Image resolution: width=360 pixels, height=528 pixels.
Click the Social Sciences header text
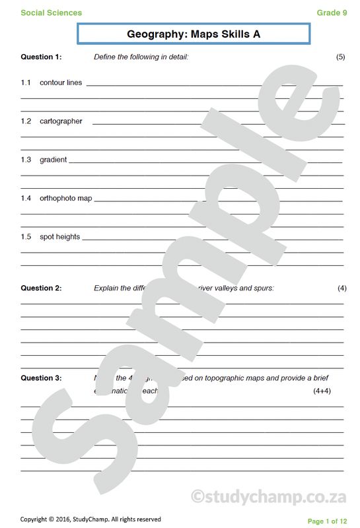pos(52,13)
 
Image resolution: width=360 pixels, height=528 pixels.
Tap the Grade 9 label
pos(332,13)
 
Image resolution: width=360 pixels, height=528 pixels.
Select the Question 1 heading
pos(41,57)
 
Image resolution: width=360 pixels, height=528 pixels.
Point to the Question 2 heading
pos(41,288)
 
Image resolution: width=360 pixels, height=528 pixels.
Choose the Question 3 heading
pos(41,378)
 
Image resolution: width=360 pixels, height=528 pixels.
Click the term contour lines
pos(61,82)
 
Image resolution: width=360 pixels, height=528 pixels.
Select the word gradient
pos(53,160)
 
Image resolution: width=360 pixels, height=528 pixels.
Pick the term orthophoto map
pos(66,198)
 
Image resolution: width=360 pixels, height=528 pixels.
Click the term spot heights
pos(59,236)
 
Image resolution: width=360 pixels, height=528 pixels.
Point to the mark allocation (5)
pos(340,57)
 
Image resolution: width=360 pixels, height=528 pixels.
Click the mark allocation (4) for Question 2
pos(342,288)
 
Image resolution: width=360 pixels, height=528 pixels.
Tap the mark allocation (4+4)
pos(322,391)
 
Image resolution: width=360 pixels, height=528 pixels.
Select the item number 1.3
pos(26,160)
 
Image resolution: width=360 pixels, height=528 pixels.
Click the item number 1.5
pos(26,236)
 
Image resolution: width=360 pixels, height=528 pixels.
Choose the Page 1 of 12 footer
pos(327,521)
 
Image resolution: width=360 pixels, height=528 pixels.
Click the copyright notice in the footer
pos(90,519)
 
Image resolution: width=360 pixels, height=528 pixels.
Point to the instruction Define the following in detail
pos(141,57)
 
